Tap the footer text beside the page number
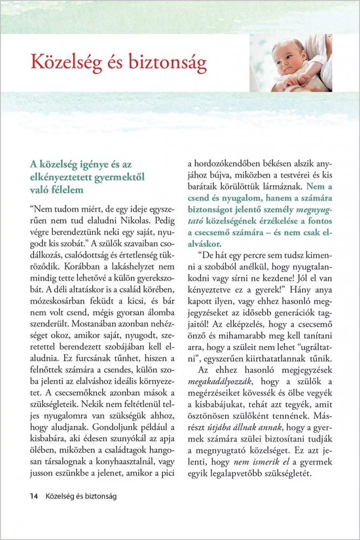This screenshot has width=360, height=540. (81, 496)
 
